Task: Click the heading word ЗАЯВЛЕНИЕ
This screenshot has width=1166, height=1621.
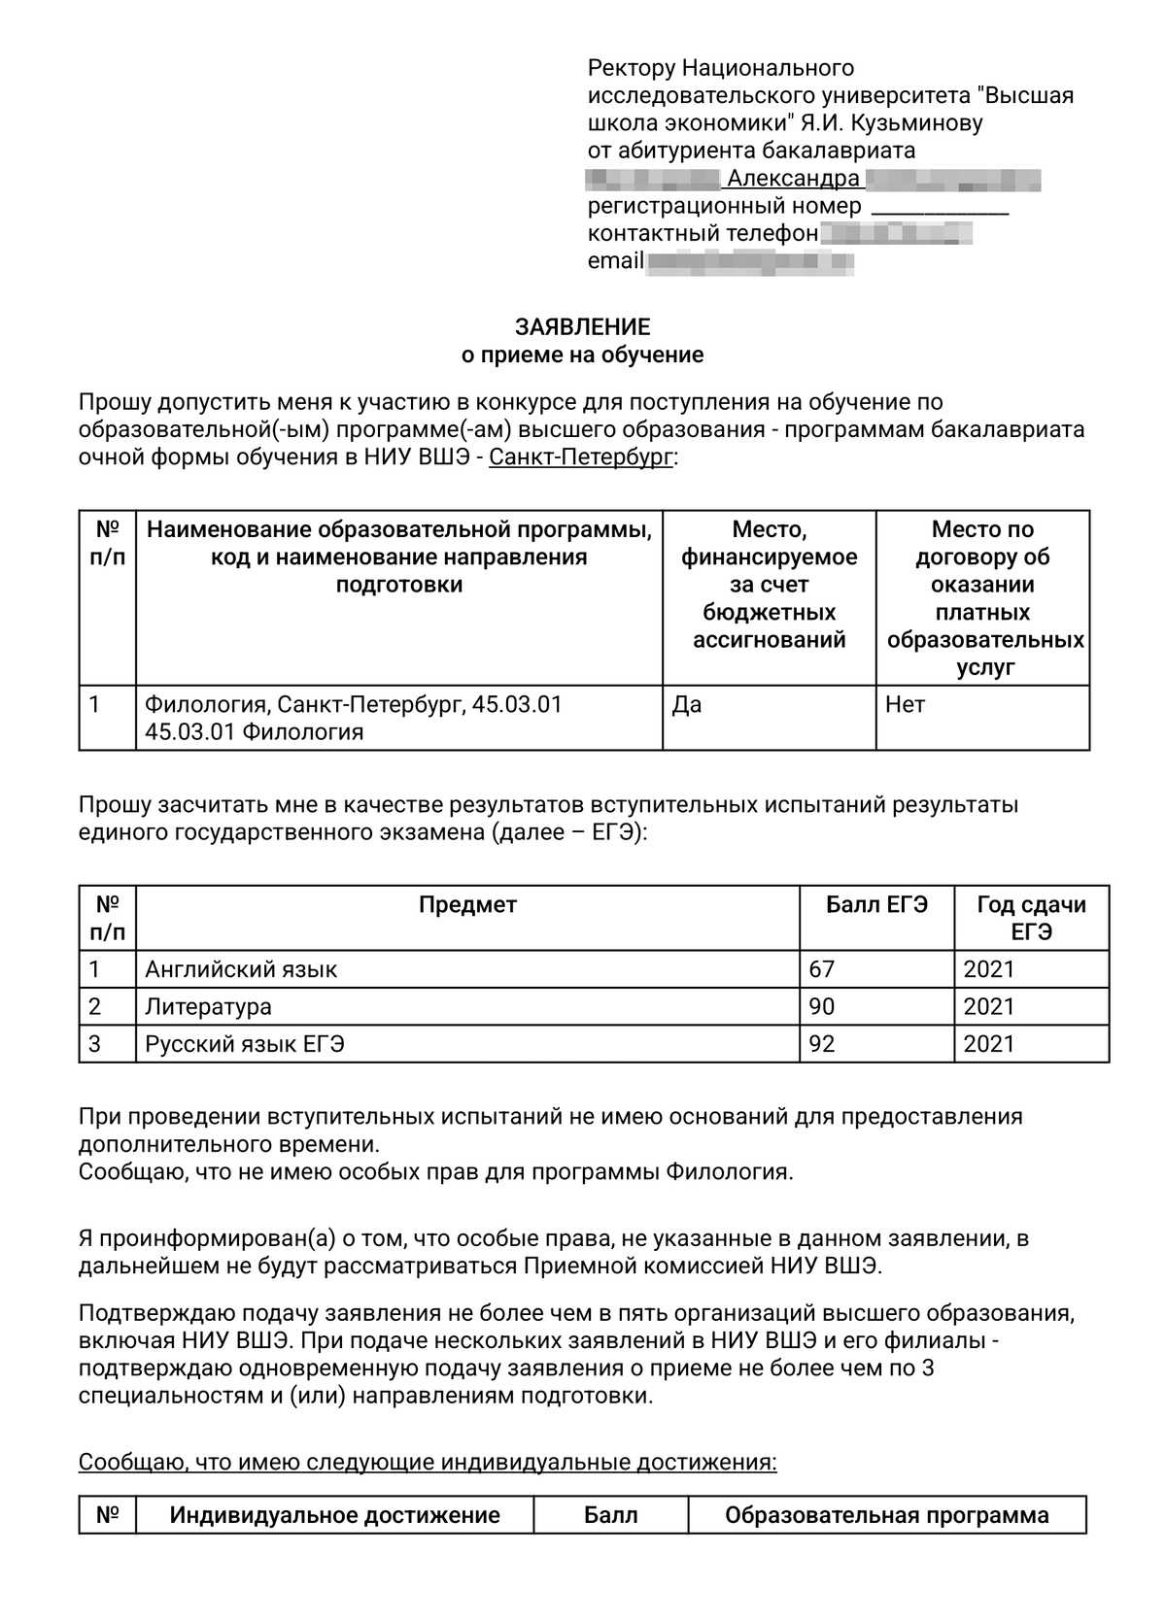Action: click(x=582, y=327)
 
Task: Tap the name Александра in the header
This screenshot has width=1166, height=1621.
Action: click(x=793, y=179)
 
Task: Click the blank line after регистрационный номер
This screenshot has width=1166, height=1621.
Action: click(x=940, y=208)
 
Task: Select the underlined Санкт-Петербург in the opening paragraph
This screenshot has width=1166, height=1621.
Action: click(x=580, y=456)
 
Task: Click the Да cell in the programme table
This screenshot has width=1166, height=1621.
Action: click(x=687, y=705)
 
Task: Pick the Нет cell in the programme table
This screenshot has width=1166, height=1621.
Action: click(x=905, y=705)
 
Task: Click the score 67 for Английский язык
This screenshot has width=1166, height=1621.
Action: click(x=822, y=969)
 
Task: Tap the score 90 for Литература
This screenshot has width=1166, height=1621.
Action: click(x=822, y=1006)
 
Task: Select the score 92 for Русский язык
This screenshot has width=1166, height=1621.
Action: click(x=822, y=1044)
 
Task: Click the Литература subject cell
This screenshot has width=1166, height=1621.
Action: click(x=208, y=1006)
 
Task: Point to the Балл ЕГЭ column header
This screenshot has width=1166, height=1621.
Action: click(x=876, y=905)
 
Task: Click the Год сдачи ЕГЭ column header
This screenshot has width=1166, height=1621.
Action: click(x=1031, y=918)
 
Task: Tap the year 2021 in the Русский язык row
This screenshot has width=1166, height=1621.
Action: click(x=988, y=1044)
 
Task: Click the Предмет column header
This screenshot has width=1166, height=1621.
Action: click(x=467, y=905)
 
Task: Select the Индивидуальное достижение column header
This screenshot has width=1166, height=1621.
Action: click(x=334, y=1515)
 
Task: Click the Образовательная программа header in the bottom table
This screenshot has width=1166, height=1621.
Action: click(x=886, y=1515)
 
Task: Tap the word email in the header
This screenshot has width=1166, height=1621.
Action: click(x=615, y=261)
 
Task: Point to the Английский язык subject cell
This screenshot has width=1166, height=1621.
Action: click(x=241, y=969)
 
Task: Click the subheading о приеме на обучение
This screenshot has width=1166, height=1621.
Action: click(x=582, y=355)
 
